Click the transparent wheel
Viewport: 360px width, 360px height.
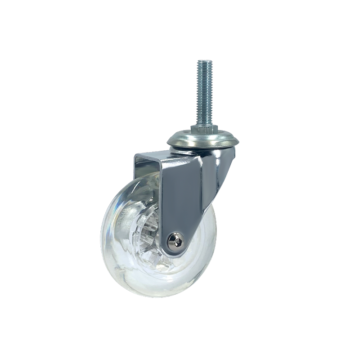135,261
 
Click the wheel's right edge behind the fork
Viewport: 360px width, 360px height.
215,243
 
